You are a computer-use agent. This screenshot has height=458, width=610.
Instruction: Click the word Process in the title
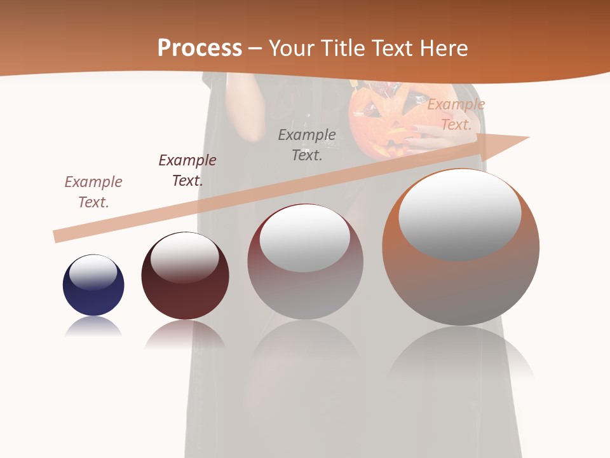200,48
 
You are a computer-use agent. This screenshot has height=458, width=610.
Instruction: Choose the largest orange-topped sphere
461,280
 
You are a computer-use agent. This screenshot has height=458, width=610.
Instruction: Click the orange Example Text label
456,114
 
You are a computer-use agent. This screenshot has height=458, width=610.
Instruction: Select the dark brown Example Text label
187,170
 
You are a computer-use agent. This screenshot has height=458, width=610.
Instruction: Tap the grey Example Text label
307,144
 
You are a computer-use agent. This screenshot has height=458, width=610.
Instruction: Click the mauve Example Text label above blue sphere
93,191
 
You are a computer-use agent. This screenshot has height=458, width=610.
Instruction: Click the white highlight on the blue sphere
93,272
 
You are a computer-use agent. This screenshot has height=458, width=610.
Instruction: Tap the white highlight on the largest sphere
459,213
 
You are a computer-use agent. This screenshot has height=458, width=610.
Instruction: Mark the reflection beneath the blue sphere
93,327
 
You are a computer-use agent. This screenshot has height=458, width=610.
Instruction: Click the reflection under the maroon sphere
185,333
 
